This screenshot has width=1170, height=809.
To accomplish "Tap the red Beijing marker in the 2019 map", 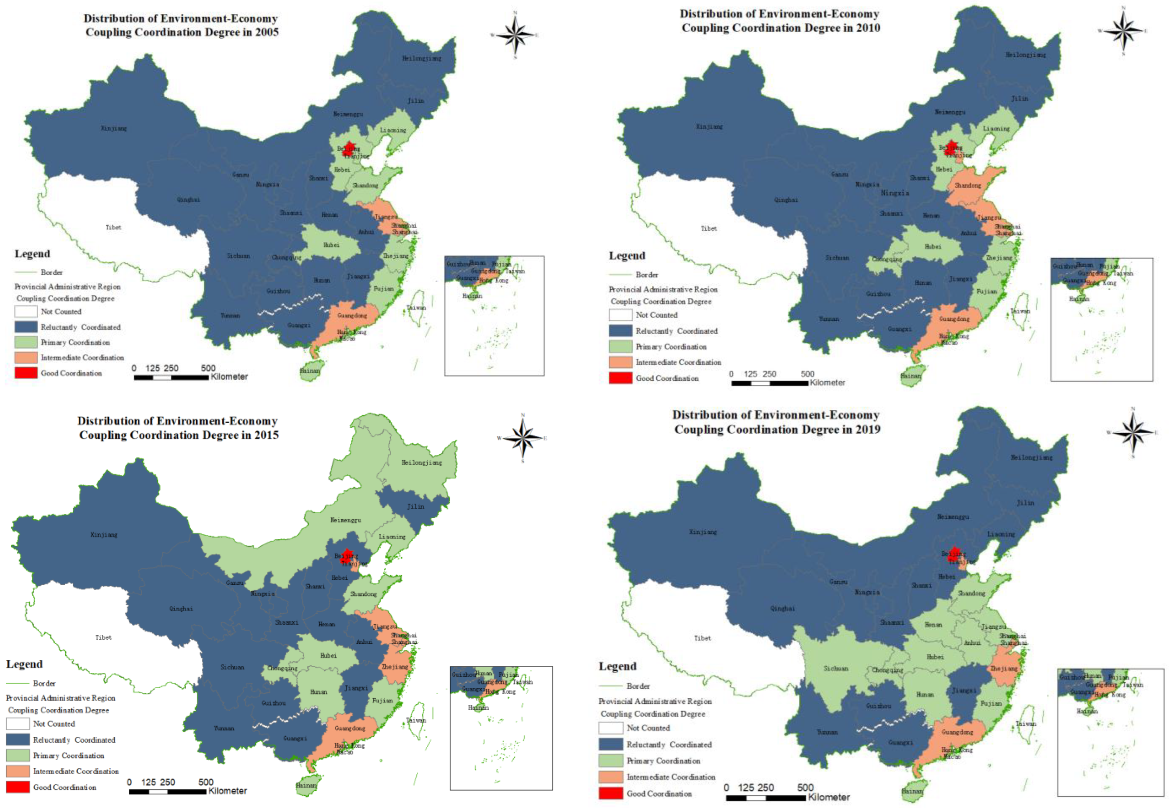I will tap(954, 553).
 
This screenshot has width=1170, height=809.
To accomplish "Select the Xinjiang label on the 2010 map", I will tap(709, 126).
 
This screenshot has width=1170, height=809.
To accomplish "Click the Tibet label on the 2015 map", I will tap(103, 637).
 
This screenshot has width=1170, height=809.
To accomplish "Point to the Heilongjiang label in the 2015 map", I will tap(421, 462).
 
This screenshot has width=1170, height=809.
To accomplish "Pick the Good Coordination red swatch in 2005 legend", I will tap(26, 373).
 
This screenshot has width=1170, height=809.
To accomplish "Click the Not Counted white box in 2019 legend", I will tap(611, 728).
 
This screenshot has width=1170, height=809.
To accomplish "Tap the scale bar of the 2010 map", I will tap(770, 383).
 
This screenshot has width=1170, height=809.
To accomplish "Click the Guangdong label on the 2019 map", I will tap(957, 732).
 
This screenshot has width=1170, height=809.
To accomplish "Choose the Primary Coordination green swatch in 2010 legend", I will tap(620, 347).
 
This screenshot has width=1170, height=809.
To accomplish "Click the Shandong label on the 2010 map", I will tap(968, 185).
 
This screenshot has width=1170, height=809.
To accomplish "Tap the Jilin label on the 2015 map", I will tap(415, 506).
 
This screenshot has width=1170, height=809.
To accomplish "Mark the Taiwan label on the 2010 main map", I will tap(1020, 311).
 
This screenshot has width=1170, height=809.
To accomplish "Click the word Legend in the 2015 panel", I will tap(24, 664).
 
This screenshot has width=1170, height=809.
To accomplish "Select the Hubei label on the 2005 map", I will tap(331, 245).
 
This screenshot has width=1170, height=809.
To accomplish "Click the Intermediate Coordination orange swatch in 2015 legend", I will tap(18, 771).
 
